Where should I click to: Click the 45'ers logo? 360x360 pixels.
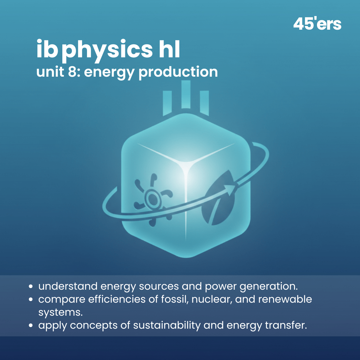pyautogui.click(x=317, y=24)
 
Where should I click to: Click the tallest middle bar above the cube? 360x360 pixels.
pyautogui.click(x=186, y=94)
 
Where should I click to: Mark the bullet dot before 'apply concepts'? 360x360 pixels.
pyautogui.click(x=31, y=326)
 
